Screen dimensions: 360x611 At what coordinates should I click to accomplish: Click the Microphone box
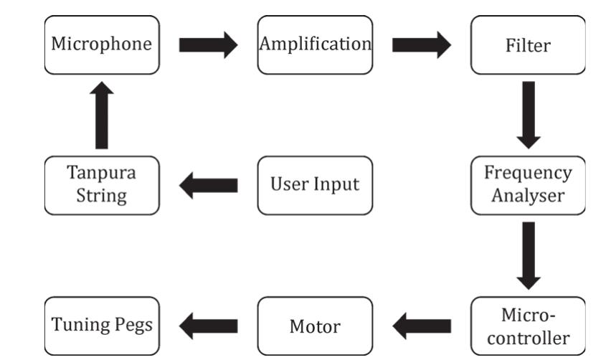click(102, 45)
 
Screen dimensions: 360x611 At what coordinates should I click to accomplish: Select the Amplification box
click(315, 45)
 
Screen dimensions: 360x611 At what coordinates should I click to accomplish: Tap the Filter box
click(528, 45)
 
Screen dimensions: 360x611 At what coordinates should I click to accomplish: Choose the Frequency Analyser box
click(528, 185)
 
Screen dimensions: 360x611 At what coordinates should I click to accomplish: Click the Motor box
click(315, 326)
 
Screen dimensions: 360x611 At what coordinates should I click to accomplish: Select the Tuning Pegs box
click(102, 326)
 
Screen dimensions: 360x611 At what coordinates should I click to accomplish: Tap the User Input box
click(315, 185)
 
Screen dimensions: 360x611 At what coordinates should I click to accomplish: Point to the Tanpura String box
click(102, 185)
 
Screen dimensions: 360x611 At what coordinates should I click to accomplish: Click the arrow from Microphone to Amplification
click(207, 45)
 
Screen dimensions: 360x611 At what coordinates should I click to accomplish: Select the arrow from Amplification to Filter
click(422, 45)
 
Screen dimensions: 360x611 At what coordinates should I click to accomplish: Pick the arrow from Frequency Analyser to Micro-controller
click(528, 255)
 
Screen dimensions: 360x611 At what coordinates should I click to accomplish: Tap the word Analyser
click(528, 196)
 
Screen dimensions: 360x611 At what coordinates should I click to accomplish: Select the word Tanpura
click(102, 174)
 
